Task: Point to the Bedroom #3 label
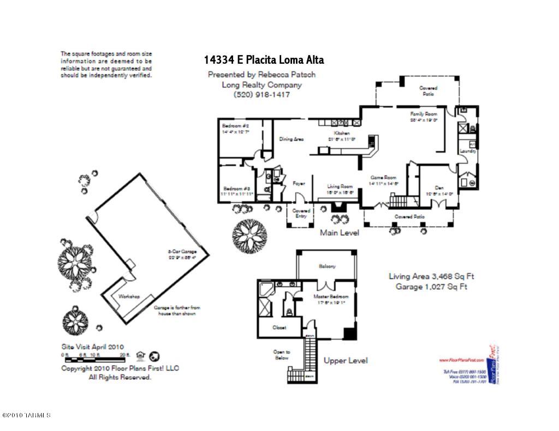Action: (236, 188)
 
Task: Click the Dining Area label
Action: (292, 139)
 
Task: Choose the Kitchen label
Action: (342, 133)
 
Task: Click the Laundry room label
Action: (468, 151)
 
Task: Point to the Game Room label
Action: (383, 178)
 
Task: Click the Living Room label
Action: (340, 186)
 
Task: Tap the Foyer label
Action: (299, 184)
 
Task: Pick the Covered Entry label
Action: (301, 213)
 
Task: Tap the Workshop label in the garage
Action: (129, 296)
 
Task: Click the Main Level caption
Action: (339, 233)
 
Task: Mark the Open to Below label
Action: (282, 355)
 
